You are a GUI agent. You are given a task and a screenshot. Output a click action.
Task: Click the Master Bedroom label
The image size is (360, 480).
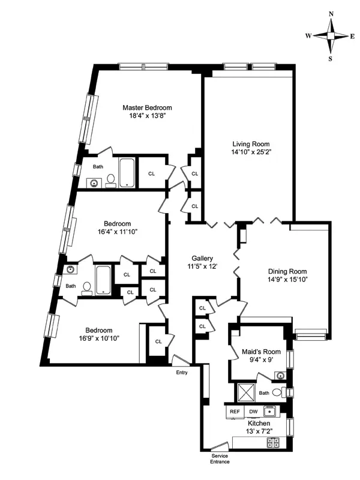point(147,107)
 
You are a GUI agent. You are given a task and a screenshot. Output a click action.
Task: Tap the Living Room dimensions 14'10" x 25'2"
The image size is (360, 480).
point(251,152)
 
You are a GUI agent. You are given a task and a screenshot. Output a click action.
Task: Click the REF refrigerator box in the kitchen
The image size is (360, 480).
point(235,412)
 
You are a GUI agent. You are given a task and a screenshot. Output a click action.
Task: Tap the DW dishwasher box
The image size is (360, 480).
point(253,412)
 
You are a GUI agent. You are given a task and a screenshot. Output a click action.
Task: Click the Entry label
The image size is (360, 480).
point(181,372)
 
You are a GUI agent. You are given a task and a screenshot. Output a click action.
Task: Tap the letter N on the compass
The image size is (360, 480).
point(331,13)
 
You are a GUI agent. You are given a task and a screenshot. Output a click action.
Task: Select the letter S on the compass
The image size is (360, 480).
point(331,59)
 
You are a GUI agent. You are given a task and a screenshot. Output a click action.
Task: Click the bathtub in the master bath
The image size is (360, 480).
point(128,172)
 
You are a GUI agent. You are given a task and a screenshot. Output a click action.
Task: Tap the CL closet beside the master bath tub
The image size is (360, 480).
point(151,174)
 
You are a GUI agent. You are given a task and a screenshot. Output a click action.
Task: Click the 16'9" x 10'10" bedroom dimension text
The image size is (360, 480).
point(98,338)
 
